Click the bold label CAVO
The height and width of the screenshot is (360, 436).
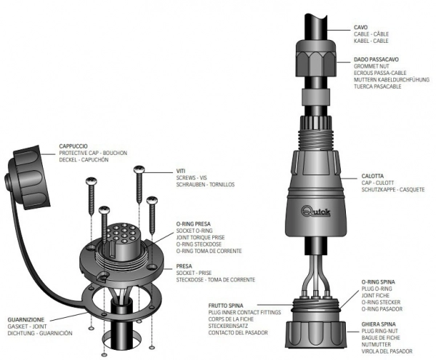361,26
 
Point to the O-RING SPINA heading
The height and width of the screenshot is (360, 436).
377,280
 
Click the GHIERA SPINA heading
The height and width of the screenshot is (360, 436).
378,322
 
